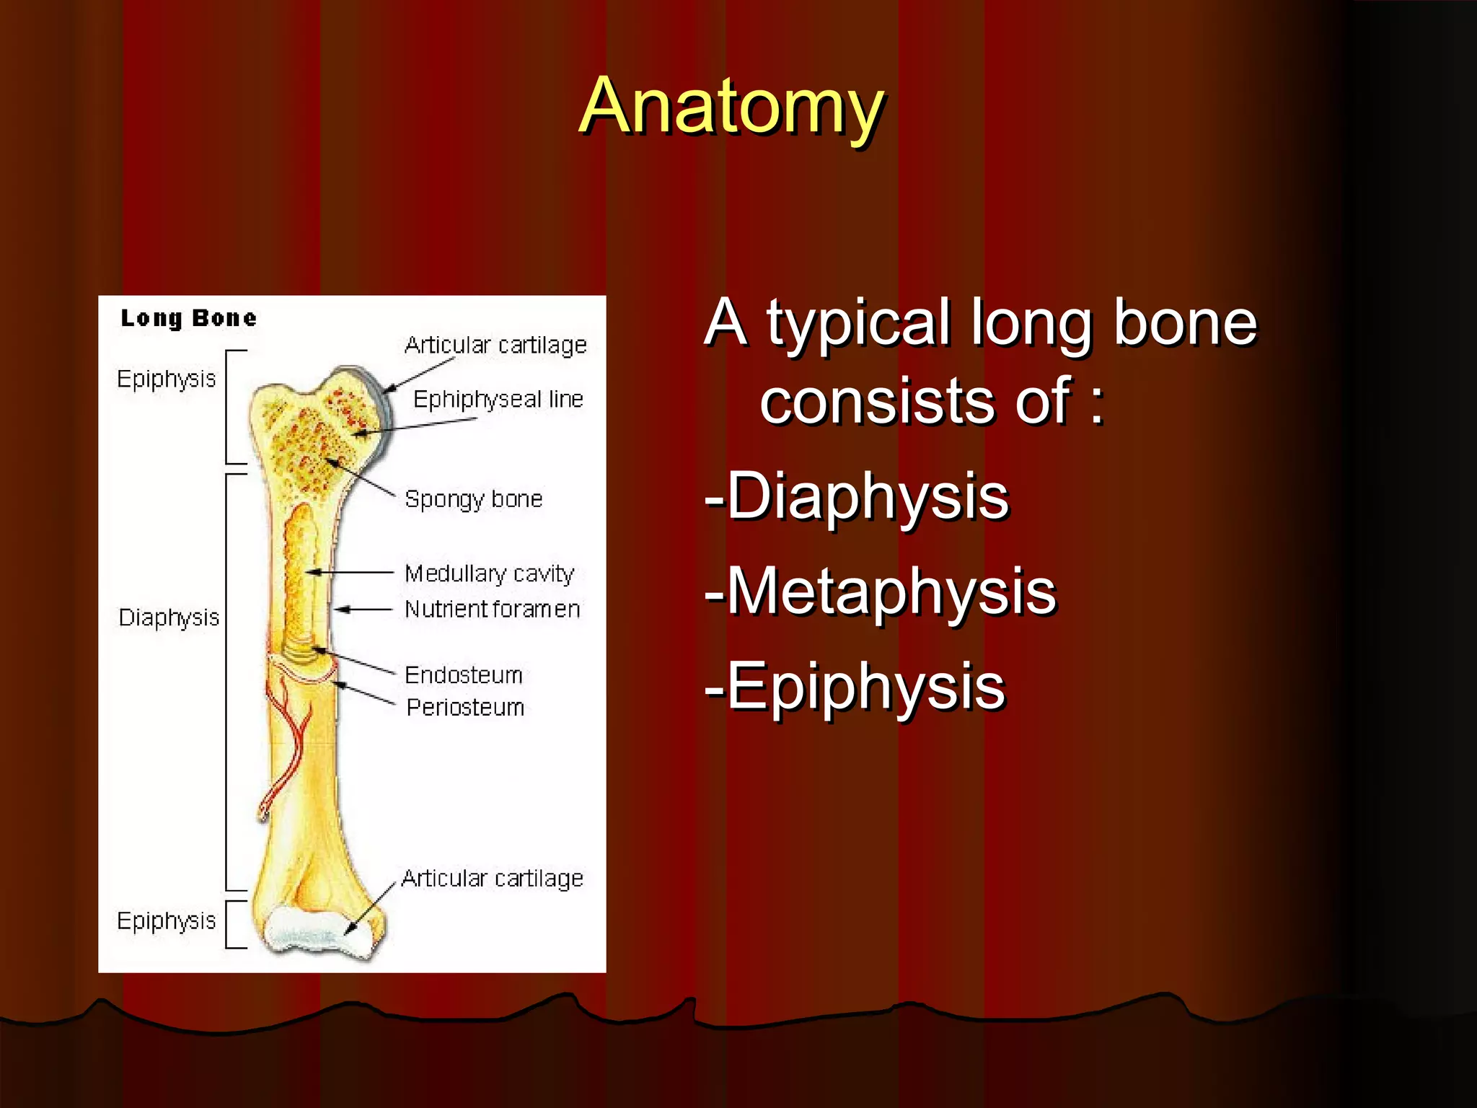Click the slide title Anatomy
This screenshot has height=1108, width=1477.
tap(731, 107)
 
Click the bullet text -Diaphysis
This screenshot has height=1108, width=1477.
tap(857, 496)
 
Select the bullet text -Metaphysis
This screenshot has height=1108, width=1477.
tap(881, 592)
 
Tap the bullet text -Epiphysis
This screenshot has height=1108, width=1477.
tap(855, 687)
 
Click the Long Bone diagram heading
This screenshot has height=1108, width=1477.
tap(188, 318)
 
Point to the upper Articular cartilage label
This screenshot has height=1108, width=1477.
tap(495, 346)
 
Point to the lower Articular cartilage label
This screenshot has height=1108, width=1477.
tap(492, 879)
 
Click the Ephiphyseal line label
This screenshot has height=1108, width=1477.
tap(498, 399)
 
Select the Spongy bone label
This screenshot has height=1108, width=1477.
tap(473, 499)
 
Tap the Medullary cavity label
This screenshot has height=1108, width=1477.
tap(489, 573)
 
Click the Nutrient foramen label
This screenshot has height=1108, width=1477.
tap(492, 610)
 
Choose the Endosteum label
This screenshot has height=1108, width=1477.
tap(463, 675)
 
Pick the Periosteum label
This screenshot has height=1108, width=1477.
tap(465, 708)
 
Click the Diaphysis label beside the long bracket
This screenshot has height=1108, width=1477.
tap(169, 617)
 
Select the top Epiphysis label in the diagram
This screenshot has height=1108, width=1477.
tap(166, 379)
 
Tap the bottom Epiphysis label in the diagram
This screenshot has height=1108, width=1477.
tap(166, 921)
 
